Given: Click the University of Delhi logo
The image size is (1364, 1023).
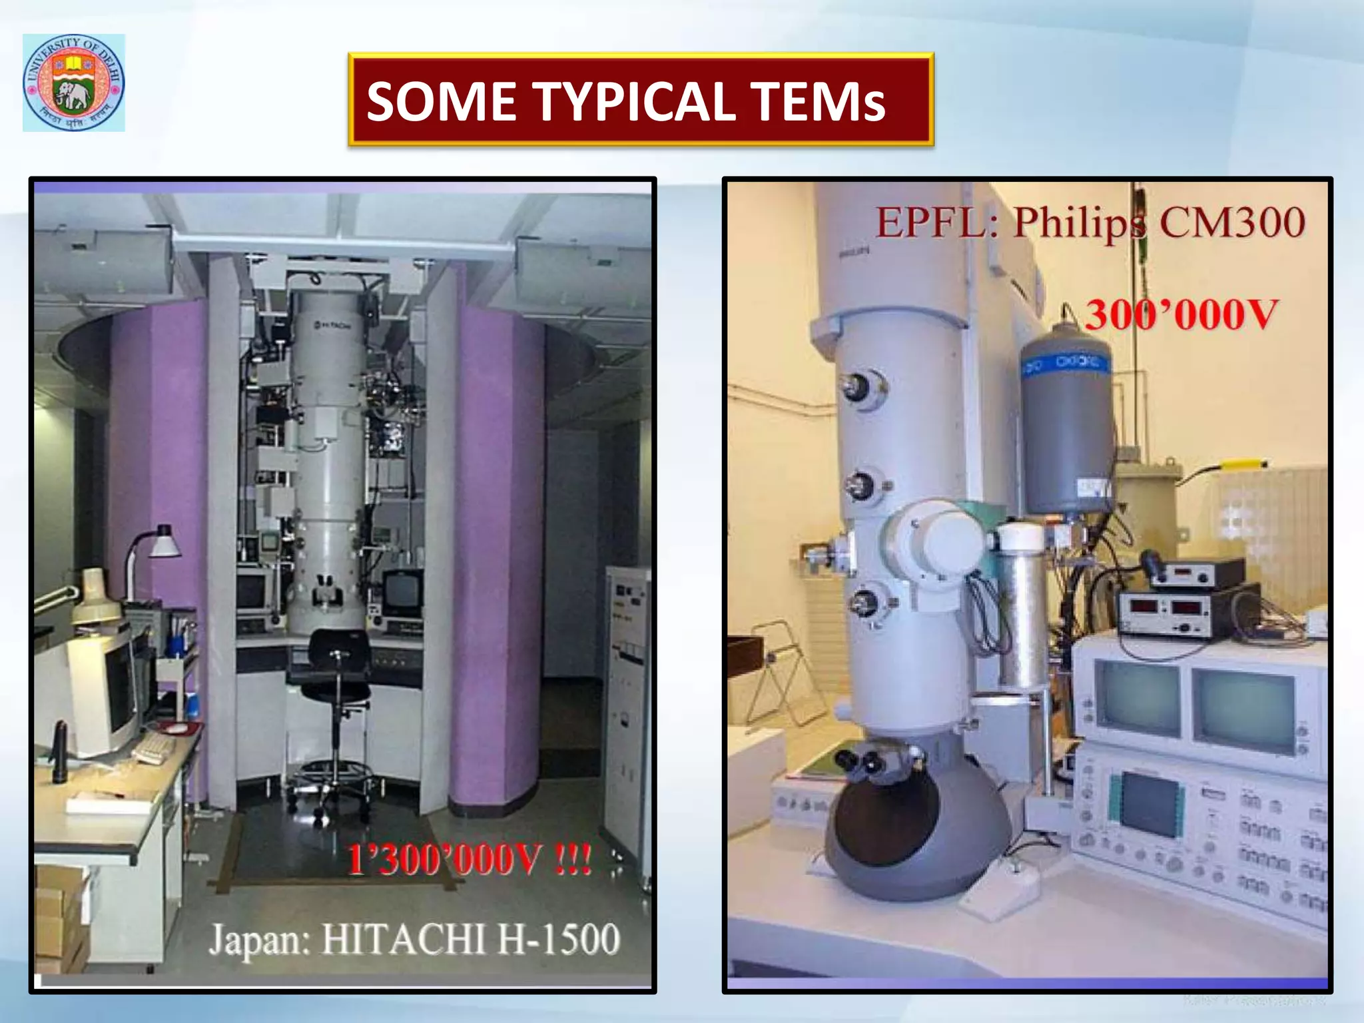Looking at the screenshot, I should [x=74, y=83].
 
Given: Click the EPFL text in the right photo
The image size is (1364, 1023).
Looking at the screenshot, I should [x=930, y=222].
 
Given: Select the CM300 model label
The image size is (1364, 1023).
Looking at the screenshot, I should [x=1232, y=222].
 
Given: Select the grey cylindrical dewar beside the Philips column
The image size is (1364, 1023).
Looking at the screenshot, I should [x=1067, y=420].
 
